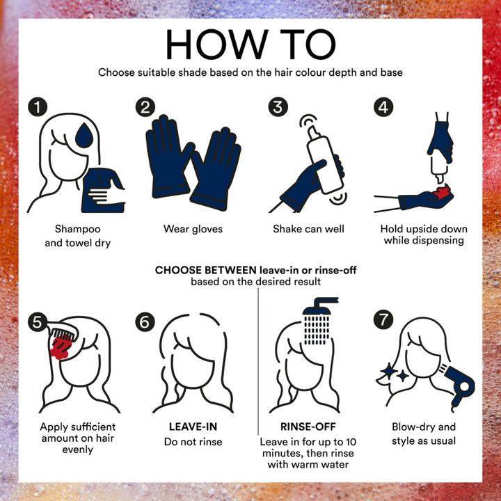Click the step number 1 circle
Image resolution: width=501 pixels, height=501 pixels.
pos(38,106)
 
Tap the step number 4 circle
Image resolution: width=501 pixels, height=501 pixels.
pos(383,106)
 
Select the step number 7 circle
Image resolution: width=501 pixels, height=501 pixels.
pos(383,320)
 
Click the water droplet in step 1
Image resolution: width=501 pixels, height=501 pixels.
pos(84,136)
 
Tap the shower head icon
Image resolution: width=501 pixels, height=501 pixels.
pos(320,321)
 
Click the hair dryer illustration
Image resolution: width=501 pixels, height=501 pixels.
pos(459,388)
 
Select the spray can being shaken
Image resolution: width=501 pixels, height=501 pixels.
pos(324,160)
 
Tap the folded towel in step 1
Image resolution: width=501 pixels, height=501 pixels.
pos(103,190)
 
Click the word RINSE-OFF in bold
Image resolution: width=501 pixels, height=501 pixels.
pos(308,427)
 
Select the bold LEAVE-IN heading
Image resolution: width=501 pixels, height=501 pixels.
pos(193,427)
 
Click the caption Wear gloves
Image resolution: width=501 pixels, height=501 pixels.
pos(193,229)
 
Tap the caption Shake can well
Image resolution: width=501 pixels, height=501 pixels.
pos(308,229)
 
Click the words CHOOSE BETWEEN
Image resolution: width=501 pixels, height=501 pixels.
pos(205,270)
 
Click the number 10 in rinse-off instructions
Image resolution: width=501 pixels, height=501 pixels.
pos(351,442)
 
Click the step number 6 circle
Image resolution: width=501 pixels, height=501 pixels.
pos(145,322)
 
